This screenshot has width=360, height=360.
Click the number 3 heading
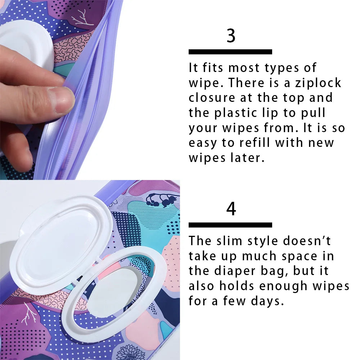pos(231,36)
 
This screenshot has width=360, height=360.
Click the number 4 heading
pos(231,209)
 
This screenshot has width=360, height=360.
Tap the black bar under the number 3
pos(230,52)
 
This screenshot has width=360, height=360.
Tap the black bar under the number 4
pos(230,225)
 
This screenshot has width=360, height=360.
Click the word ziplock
pos(318,83)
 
